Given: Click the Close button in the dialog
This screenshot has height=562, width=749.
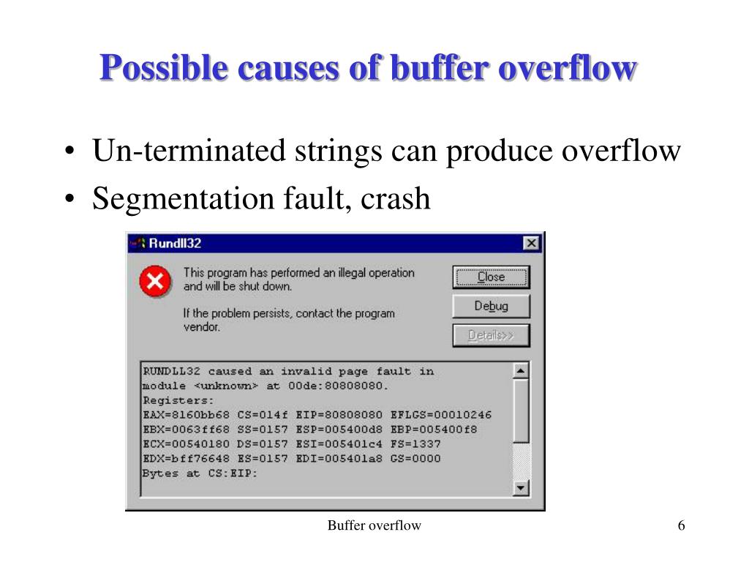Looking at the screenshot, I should pyautogui.click(x=491, y=277).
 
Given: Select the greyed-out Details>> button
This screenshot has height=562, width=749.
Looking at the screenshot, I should pyautogui.click(x=491, y=335).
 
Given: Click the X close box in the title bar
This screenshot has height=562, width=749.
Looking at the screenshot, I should pyautogui.click(x=531, y=243).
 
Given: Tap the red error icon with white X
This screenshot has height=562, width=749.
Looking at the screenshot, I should pyautogui.click(x=155, y=282).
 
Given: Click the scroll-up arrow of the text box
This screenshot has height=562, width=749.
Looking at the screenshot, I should pyautogui.click(x=521, y=370).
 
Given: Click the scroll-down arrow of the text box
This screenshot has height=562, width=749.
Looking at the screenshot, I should pyautogui.click(x=521, y=488).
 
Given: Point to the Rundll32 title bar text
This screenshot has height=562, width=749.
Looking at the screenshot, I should pyautogui.click(x=175, y=244).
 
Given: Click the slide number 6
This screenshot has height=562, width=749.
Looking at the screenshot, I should pyautogui.click(x=681, y=525).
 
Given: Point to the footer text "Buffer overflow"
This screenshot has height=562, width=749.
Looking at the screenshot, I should pyautogui.click(x=374, y=525).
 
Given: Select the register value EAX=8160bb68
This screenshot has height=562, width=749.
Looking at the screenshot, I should pyautogui.click(x=185, y=415).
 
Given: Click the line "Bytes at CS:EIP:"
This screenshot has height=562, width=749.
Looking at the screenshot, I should pyautogui.click(x=200, y=473).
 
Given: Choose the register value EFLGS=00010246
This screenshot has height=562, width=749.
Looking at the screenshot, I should pyautogui.click(x=441, y=415).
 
